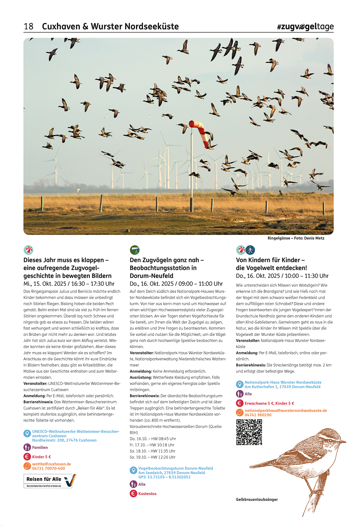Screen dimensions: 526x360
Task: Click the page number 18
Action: [x=28, y=26]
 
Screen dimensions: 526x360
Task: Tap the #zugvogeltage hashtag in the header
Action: [x=305, y=27]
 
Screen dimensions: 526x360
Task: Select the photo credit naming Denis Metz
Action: [x=296, y=238]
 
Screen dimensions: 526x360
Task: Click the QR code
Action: [x=249, y=432]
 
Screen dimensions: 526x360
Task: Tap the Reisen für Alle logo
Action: [x=50, y=481]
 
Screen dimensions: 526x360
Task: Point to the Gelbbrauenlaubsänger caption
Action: [x=257, y=499]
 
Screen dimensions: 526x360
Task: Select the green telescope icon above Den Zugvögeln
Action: [x=134, y=250]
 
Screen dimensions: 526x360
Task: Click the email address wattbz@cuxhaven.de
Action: [x=51, y=464]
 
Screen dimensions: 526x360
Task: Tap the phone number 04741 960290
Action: [x=258, y=415]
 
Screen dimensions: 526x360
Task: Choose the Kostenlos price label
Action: [x=147, y=494]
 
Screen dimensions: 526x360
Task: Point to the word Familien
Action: [x=40, y=447]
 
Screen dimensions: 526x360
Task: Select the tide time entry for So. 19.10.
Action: [x=152, y=457]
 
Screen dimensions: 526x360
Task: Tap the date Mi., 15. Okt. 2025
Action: [x=45, y=284]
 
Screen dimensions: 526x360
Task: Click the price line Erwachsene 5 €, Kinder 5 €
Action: [x=269, y=403]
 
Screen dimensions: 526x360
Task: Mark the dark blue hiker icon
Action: [x=250, y=250]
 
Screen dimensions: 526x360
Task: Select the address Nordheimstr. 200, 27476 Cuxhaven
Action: [x=64, y=440]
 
